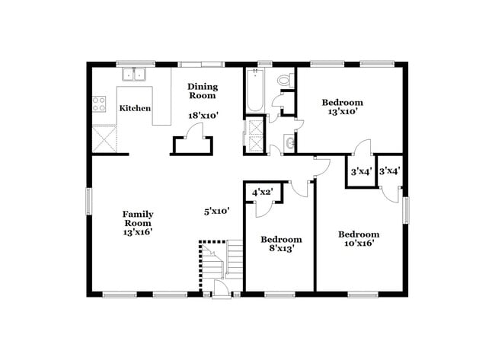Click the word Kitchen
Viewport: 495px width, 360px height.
coord(135,108)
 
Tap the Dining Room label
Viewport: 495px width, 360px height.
coord(203,91)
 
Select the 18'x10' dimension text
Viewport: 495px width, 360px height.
coord(203,115)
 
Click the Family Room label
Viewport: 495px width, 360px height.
coord(138,218)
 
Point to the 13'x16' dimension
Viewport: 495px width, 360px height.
coord(138,232)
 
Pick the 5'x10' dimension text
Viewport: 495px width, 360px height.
coord(216,211)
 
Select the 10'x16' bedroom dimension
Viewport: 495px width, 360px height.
coord(358,244)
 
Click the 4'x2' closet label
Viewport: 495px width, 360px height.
coord(263,191)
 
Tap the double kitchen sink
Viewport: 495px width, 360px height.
coord(136,75)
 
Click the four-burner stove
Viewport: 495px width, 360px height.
coord(99,104)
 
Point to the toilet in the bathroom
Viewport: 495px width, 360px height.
coord(284,78)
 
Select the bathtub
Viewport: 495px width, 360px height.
coord(254,90)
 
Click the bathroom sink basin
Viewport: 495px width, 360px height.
coord(289,142)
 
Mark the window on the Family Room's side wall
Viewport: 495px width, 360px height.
coord(88,202)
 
